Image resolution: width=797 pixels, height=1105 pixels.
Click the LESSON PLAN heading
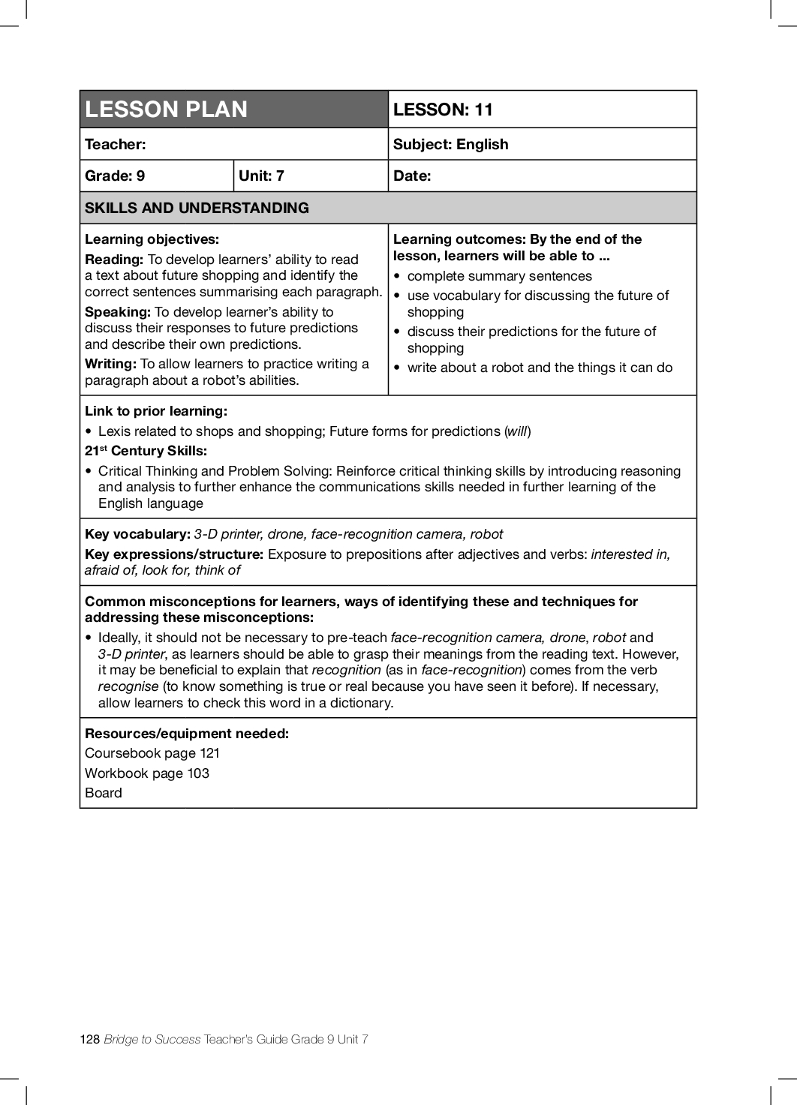click(166, 110)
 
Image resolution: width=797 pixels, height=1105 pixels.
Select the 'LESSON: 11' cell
click(443, 110)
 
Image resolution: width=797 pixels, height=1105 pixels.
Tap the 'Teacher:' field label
click(116, 144)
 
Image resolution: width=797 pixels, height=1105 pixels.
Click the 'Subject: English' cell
click(450, 144)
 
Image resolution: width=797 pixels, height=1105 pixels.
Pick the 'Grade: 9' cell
click(115, 176)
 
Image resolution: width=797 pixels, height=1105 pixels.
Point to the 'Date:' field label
click(412, 176)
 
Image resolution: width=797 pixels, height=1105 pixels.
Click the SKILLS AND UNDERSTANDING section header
click(197, 208)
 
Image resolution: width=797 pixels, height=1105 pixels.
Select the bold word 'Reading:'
click(114, 260)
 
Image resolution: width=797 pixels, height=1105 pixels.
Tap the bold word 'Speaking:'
click(118, 312)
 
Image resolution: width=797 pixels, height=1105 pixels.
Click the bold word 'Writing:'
click(110, 364)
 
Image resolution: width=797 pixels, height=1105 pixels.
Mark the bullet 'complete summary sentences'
click(499, 276)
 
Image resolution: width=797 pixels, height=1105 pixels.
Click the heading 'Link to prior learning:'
click(156, 411)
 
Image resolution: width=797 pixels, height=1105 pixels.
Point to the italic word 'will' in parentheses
click(517, 431)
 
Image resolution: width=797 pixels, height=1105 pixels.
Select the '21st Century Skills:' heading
click(146, 451)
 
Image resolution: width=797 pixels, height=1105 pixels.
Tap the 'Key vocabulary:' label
click(137, 534)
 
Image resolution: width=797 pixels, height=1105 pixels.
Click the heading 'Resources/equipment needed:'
click(187, 734)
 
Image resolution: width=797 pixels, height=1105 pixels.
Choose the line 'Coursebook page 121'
click(152, 753)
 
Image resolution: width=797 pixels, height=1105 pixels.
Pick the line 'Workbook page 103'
click(147, 773)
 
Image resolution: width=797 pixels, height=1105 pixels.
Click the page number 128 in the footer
click(89, 1039)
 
